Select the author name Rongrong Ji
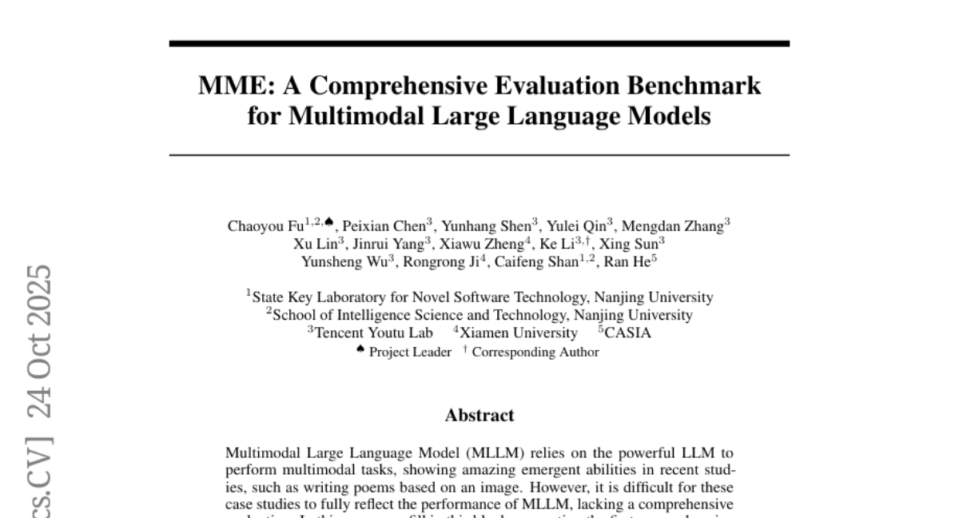coord(444,261)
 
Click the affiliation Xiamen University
coord(518,333)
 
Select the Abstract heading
coord(479,416)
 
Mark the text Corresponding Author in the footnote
coord(535,352)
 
